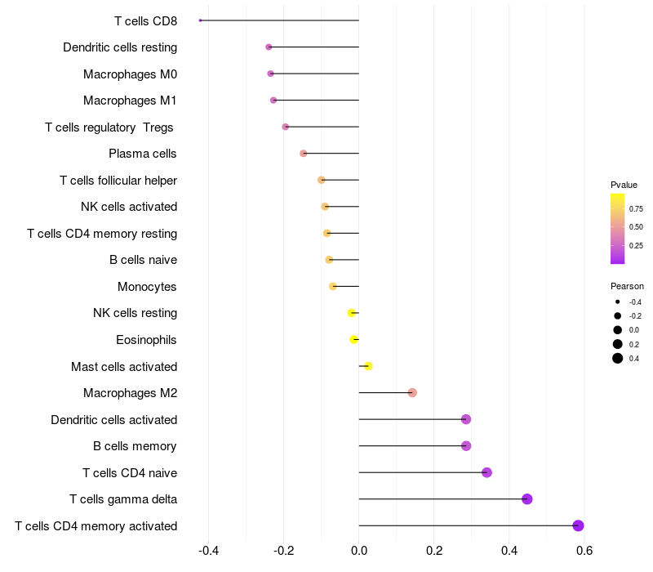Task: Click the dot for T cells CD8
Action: pyautogui.click(x=200, y=20)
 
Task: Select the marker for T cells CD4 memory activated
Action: pyautogui.click(x=578, y=525)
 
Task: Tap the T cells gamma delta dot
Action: pyautogui.click(x=526, y=499)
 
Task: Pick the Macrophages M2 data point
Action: pyautogui.click(x=412, y=393)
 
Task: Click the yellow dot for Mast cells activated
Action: pyautogui.click(x=368, y=366)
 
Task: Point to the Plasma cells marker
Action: pyautogui.click(x=303, y=154)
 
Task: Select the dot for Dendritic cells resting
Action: pyautogui.click(x=269, y=47)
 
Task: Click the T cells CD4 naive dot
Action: pyautogui.click(x=486, y=472)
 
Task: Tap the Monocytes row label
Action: pyautogui.click(x=147, y=287)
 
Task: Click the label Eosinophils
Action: pyautogui.click(x=146, y=340)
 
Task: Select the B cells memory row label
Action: pyautogui.click(x=135, y=446)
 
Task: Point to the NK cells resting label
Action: pyautogui.click(x=135, y=313)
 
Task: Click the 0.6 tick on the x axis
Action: pyautogui.click(x=584, y=551)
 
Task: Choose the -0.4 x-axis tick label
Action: pyautogui.click(x=208, y=551)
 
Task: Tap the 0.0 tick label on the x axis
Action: pyautogui.click(x=359, y=551)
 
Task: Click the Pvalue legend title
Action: pyautogui.click(x=624, y=185)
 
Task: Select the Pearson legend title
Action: pyautogui.click(x=627, y=287)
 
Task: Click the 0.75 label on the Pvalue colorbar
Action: pyautogui.click(x=636, y=209)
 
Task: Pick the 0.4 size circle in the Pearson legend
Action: pyautogui.click(x=618, y=358)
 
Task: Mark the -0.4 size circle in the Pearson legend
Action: pyautogui.click(x=618, y=302)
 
